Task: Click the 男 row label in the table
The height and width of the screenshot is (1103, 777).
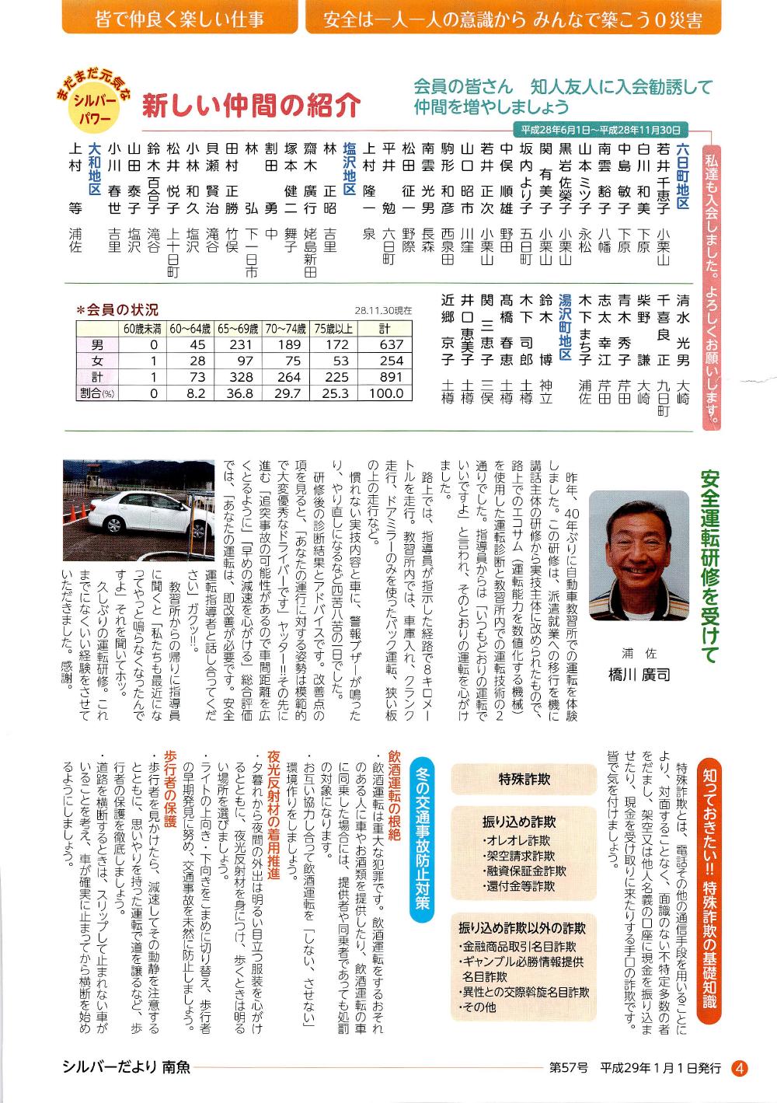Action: pos(97,344)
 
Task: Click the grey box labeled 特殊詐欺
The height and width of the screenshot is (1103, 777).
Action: pos(524,779)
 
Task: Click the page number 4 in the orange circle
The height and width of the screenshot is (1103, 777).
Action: pos(740,1069)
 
